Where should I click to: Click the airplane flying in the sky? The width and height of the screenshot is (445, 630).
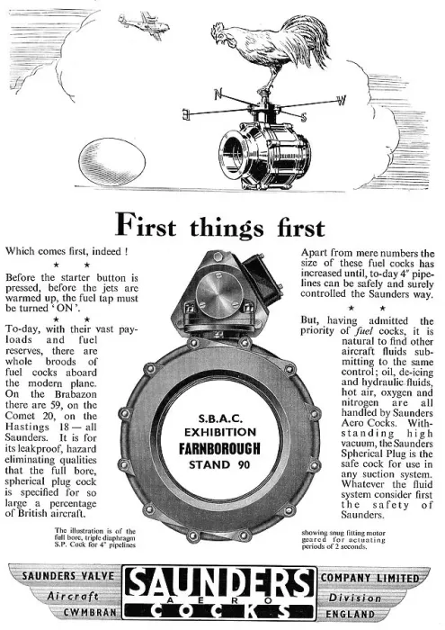[x=144, y=24]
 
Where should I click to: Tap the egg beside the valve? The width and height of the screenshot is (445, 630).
[x=112, y=162]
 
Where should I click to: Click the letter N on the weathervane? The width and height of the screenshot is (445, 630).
[x=218, y=94]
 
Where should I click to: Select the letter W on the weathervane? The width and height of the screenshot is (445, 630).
[x=341, y=101]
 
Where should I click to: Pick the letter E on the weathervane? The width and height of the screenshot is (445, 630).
[x=186, y=114]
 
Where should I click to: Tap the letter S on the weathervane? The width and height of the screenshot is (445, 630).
[x=304, y=117]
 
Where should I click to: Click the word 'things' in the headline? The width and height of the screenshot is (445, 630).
[x=227, y=228]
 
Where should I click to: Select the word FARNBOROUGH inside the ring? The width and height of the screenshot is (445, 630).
[x=219, y=448]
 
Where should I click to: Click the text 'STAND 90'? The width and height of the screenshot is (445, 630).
[x=219, y=465]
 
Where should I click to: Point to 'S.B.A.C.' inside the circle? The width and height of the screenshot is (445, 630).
[x=220, y=418]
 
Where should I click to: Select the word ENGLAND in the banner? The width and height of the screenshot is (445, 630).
[x=351, y=614]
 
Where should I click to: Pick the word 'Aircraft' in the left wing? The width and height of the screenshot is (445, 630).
[x=73, y=596]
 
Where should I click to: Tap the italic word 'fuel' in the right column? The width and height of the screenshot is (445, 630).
[x=364, y=331]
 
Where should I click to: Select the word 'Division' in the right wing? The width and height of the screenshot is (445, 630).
[x=355, y=598]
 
